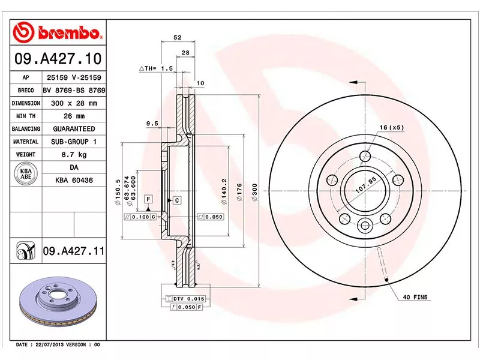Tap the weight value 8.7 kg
[x=72, y=155]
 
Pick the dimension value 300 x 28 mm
[x=72, y=103]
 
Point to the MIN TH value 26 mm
[x=72, y=116]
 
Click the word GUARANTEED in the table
[x=72, y=129]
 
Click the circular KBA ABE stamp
[x=26, y=173]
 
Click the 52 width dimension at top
[x=178, y=38]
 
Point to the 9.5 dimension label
[x=152, y=124]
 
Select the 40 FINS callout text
[x=414, y=298]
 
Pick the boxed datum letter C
[x=178, y=200]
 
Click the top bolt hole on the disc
[x=365, y=157]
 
